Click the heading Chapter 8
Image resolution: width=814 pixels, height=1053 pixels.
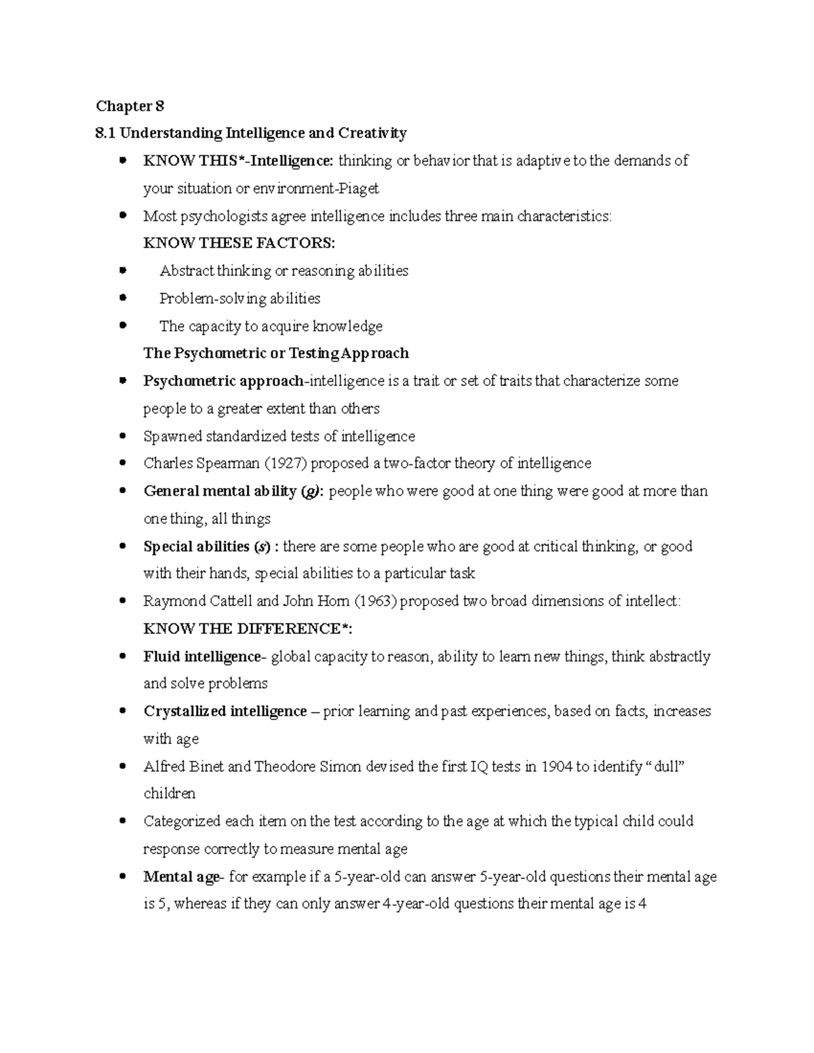(130, 106)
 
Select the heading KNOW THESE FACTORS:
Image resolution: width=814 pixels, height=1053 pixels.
(239, 243)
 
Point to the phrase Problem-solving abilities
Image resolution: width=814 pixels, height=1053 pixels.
(239, 298)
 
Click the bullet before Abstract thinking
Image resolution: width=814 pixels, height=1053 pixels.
(123, 271)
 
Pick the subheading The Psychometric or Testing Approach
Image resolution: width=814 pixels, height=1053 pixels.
(276, 353)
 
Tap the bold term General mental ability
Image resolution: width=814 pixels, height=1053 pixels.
(220, 491)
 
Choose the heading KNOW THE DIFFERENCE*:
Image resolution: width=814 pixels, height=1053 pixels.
(248, 629)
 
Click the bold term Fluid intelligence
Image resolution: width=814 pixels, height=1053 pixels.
(201, 656)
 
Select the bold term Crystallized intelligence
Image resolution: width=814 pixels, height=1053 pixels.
(225, 711)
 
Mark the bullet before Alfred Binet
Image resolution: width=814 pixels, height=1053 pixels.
(123, 767)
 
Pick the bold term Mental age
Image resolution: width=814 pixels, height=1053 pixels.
(181, 877)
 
